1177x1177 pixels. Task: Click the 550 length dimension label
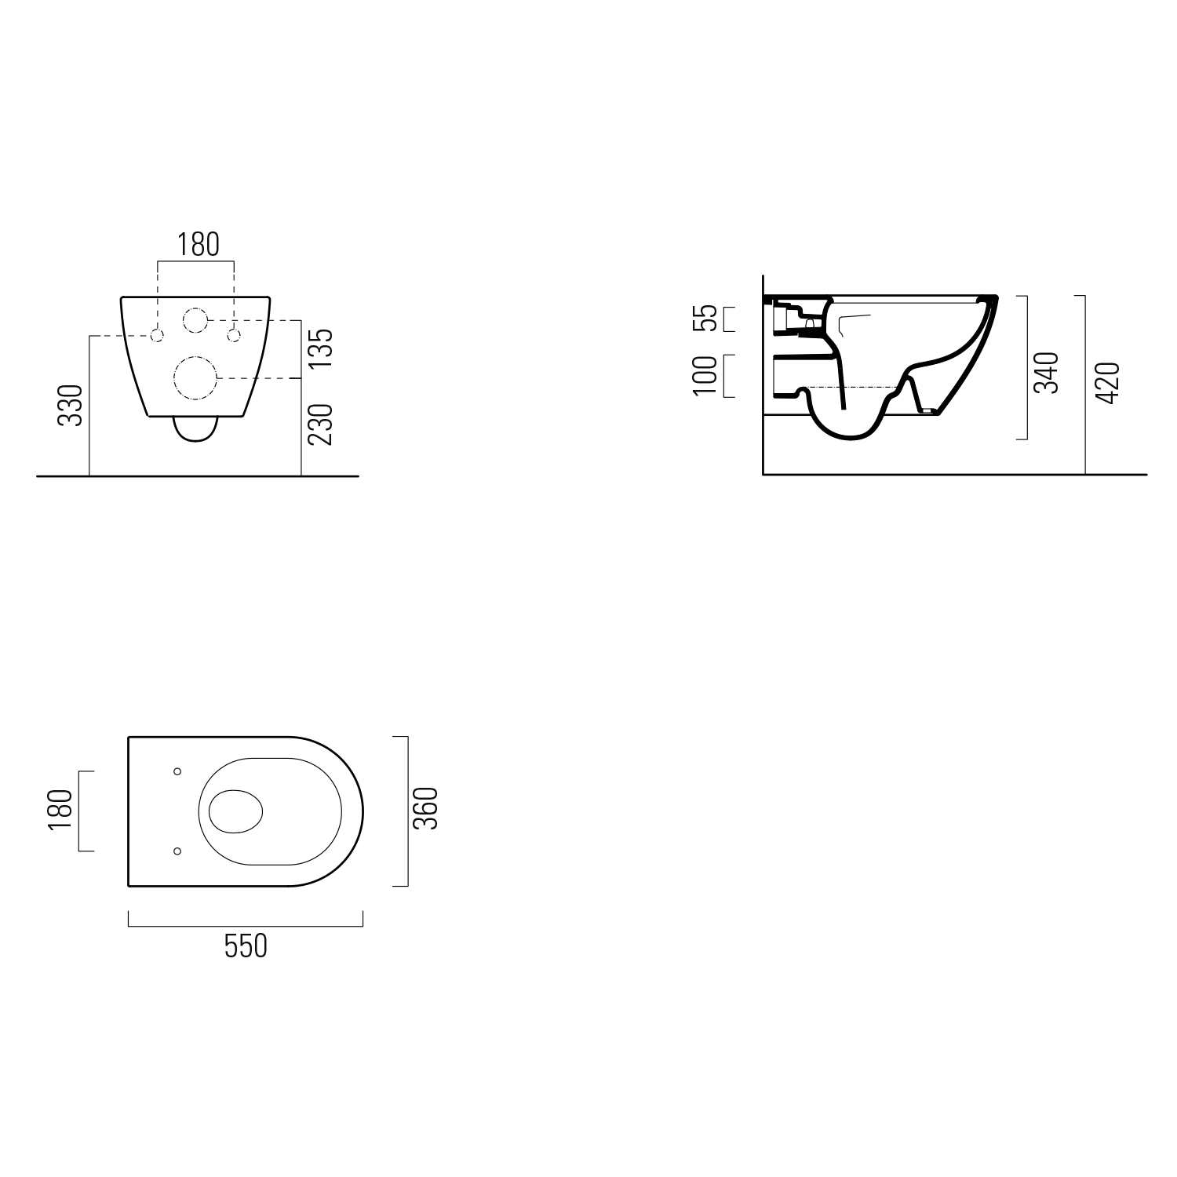point(246,946)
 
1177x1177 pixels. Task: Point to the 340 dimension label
point(1047,372)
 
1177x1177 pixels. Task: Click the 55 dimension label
point(708,318)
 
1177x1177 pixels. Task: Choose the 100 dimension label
point(706,376)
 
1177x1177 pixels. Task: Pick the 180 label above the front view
point(197,245)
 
